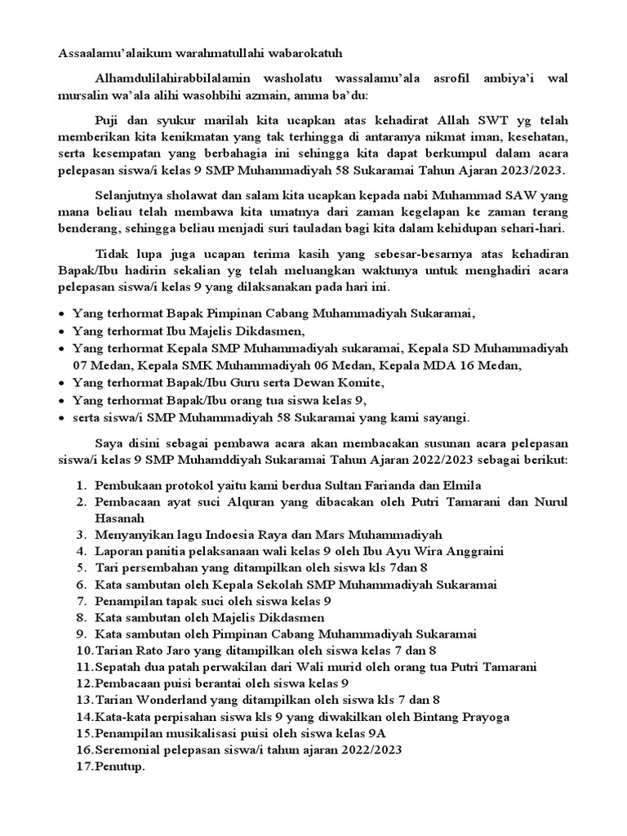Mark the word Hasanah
(x=119, y=518)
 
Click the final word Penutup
(x=119, y=767)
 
